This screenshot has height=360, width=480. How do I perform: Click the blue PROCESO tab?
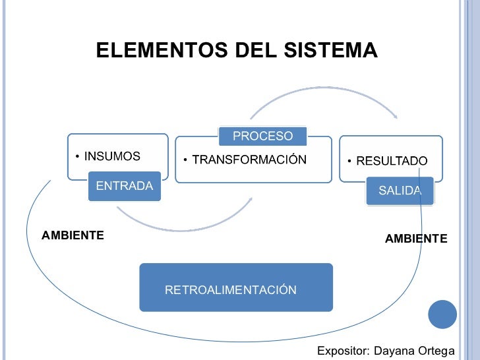click(x=262, y=136)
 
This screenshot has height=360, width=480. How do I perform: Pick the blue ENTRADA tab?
click(x=124, y=186)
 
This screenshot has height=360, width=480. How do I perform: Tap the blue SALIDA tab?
click(x=400, y=191)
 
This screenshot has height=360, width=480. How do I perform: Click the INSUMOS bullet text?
click(x=111, y=156)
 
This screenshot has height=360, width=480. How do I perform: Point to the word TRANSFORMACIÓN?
click(x=249, y=160)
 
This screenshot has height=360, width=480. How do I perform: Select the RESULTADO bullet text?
click(x=392, y=161)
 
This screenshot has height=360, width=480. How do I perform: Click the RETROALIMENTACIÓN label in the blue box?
click(x=230, y=290)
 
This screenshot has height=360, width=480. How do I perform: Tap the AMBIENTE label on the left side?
click(x=73, y=235)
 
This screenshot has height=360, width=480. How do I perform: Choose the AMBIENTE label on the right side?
click(x=416, y=238)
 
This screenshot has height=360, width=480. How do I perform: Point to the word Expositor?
click(x=343, y=351)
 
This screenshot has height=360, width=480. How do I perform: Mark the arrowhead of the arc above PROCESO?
click(x=395, y=117)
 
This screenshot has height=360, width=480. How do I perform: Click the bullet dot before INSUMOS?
click(x=76, y=157)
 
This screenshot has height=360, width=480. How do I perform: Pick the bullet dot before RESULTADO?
click(x=350, y=162)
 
